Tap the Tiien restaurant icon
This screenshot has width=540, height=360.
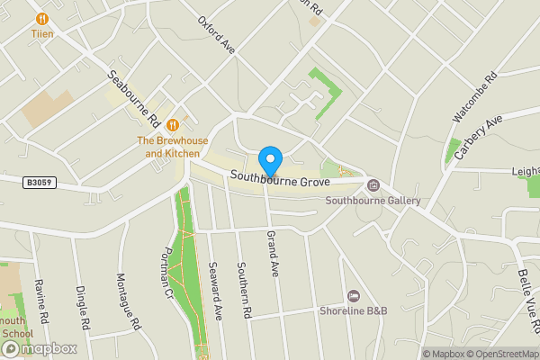point(41,18)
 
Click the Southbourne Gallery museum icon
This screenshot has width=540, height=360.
point(373,185)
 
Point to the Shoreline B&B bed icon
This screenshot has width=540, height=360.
point(354,296)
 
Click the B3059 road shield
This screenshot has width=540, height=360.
point(38,183)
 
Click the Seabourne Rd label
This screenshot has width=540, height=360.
point(134,100)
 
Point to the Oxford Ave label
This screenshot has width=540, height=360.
point(216,34)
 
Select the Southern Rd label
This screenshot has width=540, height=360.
point(243,291)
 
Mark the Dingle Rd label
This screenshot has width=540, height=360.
point(83,307)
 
